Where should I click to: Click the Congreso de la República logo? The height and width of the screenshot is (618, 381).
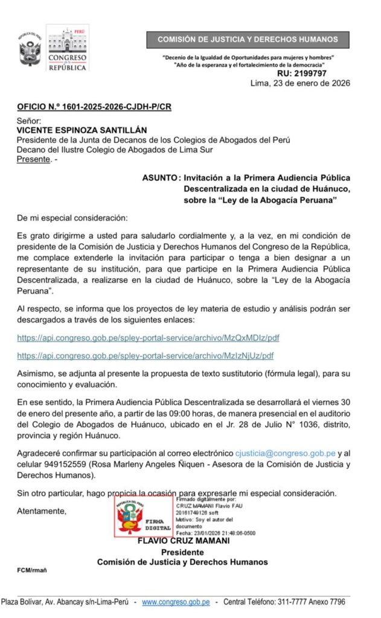click(68, 48)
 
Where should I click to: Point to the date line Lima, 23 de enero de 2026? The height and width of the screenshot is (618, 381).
click(301, 83)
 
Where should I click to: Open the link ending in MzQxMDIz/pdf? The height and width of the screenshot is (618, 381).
click(145, 339)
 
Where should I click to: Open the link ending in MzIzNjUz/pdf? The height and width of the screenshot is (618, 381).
click(145, 356)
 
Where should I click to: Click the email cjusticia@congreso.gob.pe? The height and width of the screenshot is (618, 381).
click(285, 452)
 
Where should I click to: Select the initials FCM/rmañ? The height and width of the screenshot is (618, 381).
click(31, 570)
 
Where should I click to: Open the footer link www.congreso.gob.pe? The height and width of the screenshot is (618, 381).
click(176, 602)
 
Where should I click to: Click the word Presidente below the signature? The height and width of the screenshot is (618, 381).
click(182, 552)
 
